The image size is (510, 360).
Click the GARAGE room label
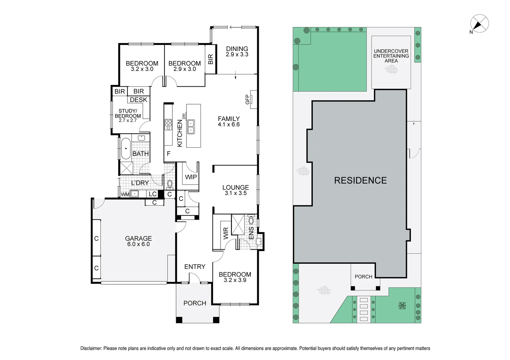tap(138, 239)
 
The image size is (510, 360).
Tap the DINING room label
tap(237, 49)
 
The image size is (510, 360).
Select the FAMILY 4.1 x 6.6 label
tap(229, 121)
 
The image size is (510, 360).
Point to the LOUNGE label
tap(235, 188)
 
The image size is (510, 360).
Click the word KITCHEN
tap(180, 133)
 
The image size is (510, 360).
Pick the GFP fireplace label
tap(247, 99)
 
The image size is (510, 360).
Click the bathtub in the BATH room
tap(126, 149)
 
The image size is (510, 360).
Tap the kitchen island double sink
tap(191, 126)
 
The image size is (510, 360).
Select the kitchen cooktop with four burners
tap(168, 124)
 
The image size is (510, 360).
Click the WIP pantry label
tap(191, 177)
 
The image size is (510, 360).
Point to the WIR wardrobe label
tap(226, 233)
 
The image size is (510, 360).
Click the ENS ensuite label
tap(251, 233)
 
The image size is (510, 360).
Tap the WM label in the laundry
tap(125, 194)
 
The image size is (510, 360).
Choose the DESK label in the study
tap(138, 100)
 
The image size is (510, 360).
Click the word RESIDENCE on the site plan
tap(360, 180)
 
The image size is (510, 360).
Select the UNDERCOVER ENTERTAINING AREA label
tap(391, 56)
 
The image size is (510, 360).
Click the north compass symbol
tap(479, 24)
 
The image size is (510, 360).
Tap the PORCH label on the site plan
tap(363, 277)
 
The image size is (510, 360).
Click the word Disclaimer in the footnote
tap(91, 348)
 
